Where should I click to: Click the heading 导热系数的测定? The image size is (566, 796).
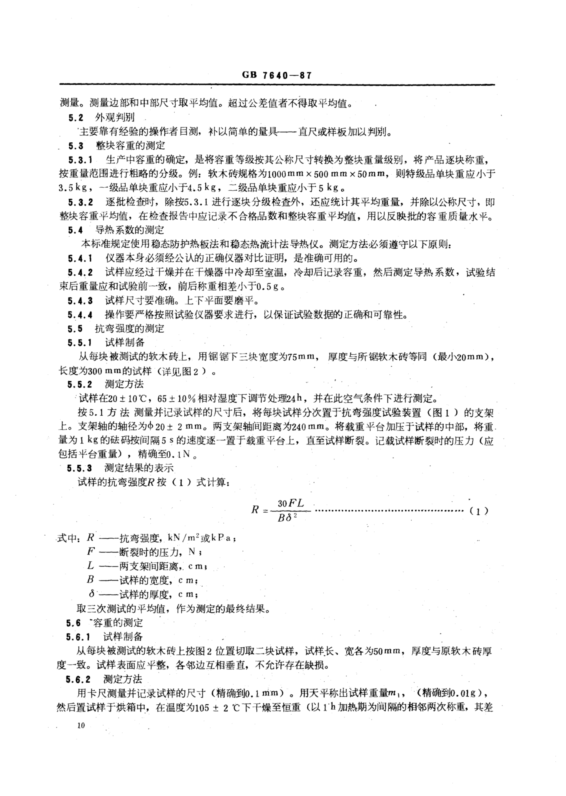click(x=129, y=230)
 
